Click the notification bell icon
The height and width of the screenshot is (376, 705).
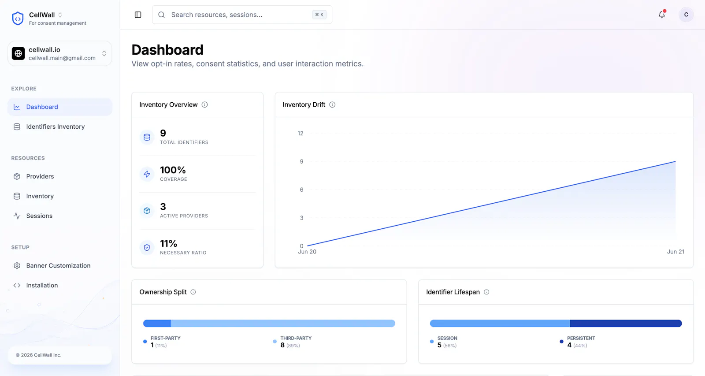point(662,15)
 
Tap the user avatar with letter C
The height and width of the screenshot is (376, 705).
point(686,15)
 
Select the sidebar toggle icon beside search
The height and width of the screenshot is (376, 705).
point(138,15)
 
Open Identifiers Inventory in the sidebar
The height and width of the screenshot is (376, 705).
point(56,127)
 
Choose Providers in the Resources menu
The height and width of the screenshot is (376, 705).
point(40,176)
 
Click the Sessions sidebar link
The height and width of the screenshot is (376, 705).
point(39,216)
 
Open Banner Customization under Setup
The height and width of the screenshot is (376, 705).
point(58,265)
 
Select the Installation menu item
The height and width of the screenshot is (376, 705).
point(42,285)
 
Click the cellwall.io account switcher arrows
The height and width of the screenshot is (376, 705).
point(104,53)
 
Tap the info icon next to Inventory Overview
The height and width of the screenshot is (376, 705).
point(204,104)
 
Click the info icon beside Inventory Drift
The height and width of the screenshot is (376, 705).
point(332,104)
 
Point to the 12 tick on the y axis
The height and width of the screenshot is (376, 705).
point(300,133)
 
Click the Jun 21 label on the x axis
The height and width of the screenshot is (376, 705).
point(675,252)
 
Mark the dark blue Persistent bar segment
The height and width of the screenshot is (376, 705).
point(626,324)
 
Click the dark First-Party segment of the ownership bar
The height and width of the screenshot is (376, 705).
point(157,324)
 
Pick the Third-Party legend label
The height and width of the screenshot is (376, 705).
point(296,338)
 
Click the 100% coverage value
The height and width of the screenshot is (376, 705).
point(173,170)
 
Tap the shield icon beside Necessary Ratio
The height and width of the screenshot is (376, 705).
point(147,248)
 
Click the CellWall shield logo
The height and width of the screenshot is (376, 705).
point(18,18)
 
